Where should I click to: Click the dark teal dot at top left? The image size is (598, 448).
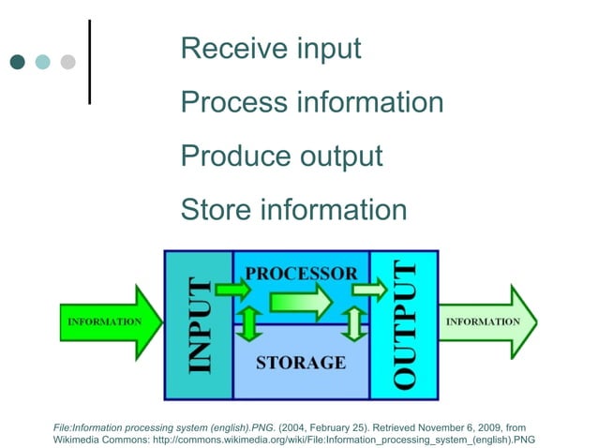tap(18, 62)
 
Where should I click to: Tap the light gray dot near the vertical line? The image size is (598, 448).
tap(67, 62)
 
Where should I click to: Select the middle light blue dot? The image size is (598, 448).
tap(42, 62)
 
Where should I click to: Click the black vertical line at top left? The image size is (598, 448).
tap(90, 61)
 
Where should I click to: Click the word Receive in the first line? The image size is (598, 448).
tap(226, 49)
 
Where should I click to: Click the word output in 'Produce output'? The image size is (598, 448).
tap(336, 156)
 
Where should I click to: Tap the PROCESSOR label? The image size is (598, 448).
tap(301, 274)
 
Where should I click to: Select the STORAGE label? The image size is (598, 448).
tap(301, 362)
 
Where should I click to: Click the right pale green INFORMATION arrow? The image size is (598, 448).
tap(487, 322)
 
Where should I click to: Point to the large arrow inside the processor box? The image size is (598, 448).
tap(300, 302)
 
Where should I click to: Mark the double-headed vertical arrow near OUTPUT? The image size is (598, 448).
tap(353, 323)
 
